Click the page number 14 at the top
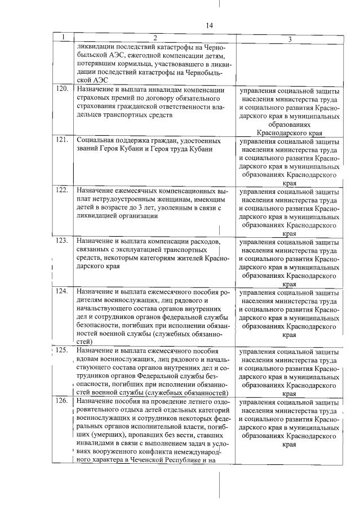coord(210,25)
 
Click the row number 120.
coord(63,88)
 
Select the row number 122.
coord(63,190)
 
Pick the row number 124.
coord(63,291)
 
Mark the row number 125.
coord(63,350)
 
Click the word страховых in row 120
coord(94,98)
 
